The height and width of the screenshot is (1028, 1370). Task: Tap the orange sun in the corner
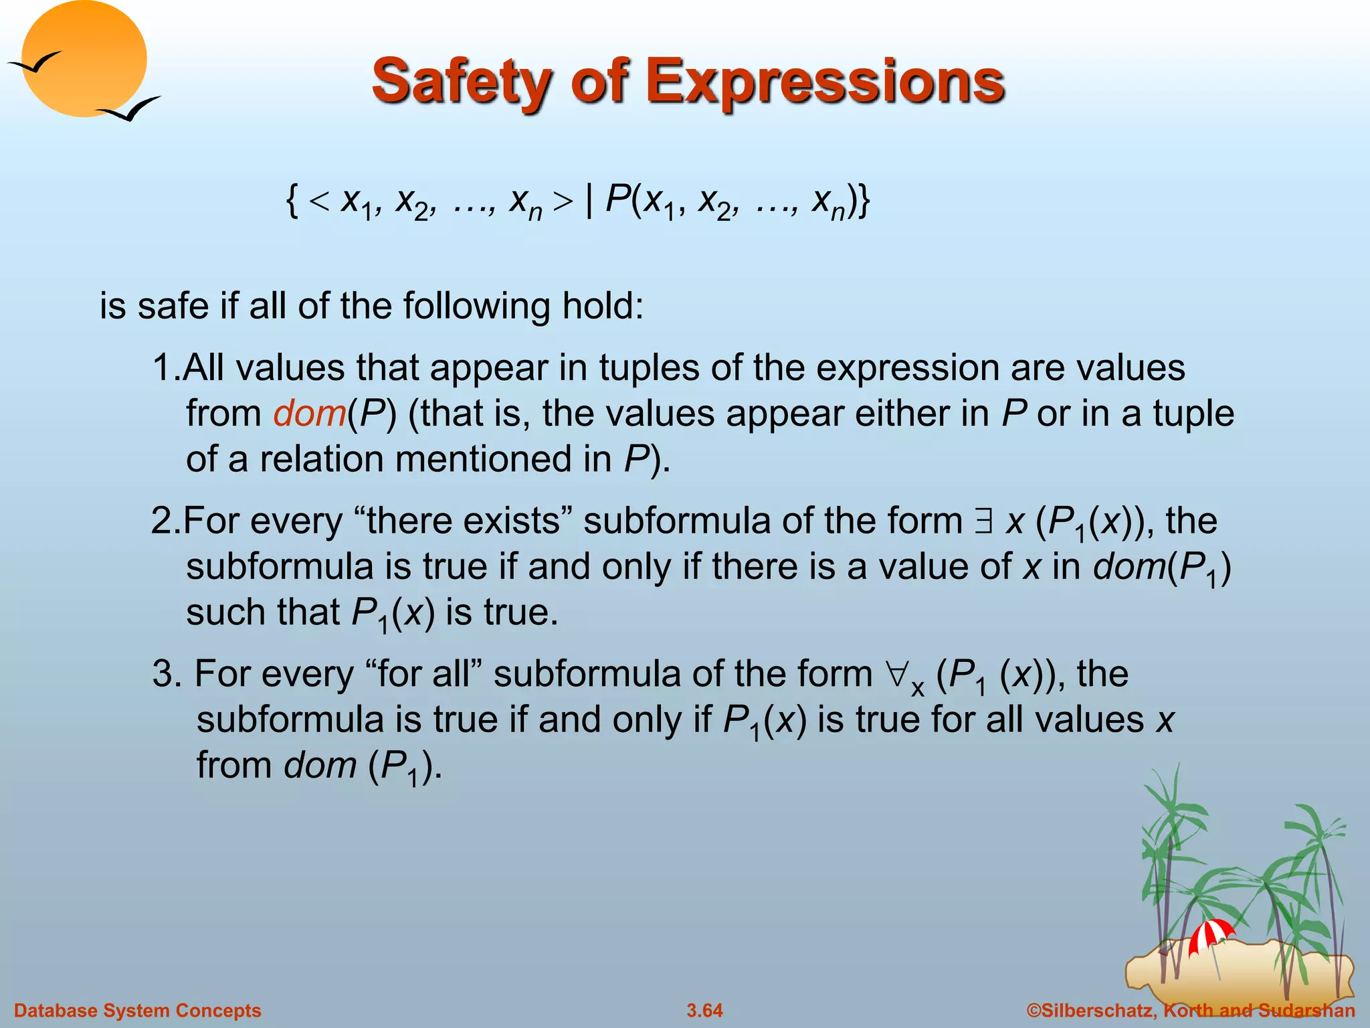coord(84,57)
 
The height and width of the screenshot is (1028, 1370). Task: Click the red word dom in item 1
coord(309,413)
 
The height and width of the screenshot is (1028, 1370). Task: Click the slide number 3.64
coord(704,1011)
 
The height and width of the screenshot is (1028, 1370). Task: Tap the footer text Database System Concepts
coord(138,1011)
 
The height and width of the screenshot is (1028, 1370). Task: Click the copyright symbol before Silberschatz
coord(1034,1011)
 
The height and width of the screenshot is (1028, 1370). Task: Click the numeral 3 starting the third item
coord(163,673)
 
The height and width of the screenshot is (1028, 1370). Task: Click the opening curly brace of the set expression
coord(292,199)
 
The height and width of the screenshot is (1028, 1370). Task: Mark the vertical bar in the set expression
coord(589,199)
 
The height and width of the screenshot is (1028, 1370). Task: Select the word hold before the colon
coord(595,307)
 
